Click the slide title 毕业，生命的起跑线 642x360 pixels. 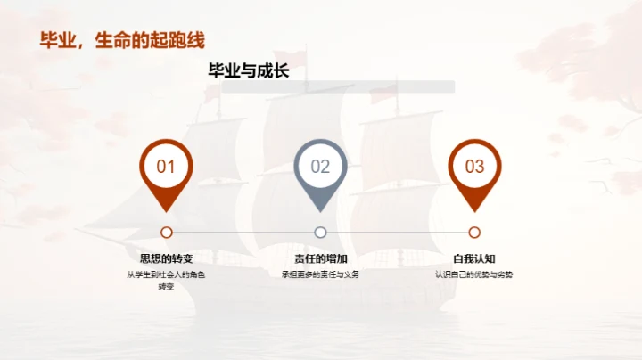(123, 41)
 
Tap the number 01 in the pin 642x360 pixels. (166, 167)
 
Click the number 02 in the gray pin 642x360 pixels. (320, 167)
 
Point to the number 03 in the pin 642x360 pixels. (474, 167)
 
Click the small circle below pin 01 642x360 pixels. (166, 232)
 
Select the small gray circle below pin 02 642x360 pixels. (320, 232)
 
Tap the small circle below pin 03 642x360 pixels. (474, 232)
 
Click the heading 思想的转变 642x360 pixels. (166, 258)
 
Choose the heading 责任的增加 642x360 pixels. (320, 258)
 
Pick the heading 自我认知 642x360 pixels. (474, 258)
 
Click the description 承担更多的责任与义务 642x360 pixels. (320, 274)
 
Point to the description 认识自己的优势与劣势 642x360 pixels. (474, 274)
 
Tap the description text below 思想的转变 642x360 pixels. (166, 280)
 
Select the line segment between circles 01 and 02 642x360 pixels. (243, 232)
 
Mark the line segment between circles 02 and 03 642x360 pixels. (397, 232)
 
